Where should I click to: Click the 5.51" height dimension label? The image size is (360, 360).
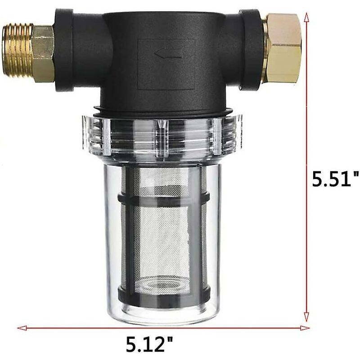tap(335, 179)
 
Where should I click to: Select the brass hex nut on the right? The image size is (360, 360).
tap(283, 48)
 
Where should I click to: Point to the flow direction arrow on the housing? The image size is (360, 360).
tap(168, 54)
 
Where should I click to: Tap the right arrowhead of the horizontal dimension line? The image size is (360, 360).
tap(305, 328)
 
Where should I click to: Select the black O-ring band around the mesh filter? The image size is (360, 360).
tap(163, 198)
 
